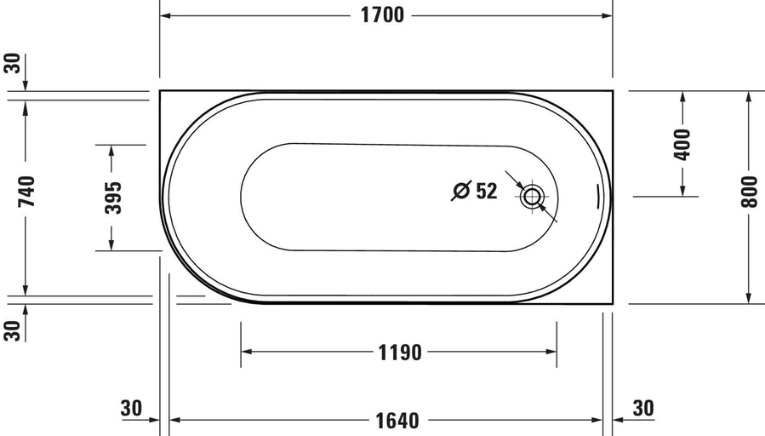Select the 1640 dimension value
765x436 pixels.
[x=397, y=420]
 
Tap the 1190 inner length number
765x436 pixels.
[x=399, y=352]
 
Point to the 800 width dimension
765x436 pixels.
[x=749, y=195]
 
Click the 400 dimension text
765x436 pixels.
[x=682, y=145]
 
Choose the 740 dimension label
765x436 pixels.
[x=26, y=192]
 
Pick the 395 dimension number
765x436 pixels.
[x=111, y=197]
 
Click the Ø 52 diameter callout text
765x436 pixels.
[x=474, y=191]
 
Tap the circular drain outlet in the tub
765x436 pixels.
[x=533, y=197]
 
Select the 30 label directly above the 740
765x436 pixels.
[x=12, y=64]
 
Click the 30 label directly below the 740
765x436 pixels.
[x=12, y=330]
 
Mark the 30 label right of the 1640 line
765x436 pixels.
[x=643, y=409]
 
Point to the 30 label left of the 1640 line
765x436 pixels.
[x=131, y=409]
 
